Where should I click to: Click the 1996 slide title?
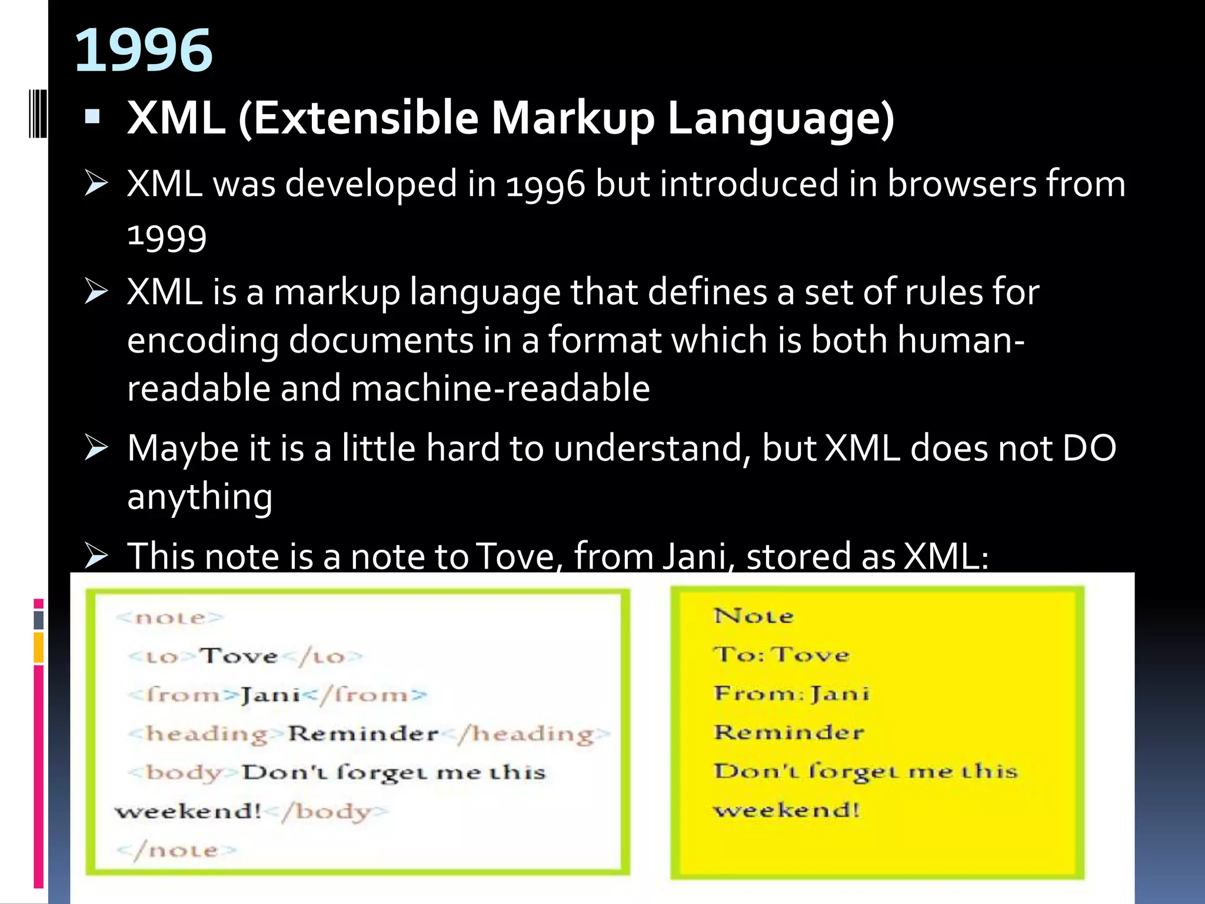point(143,51)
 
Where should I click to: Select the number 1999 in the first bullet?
point(167,237)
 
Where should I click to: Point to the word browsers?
point(962,184)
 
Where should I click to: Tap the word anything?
point(199,497)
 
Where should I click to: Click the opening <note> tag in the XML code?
point(169,618)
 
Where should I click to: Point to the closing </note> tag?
point(176,850)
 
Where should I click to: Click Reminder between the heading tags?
point(363,734)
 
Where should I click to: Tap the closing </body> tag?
point(327,812)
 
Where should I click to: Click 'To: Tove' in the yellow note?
point(781,654)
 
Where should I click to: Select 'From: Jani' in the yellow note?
point(791,693)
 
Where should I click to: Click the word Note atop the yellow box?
point(754,616)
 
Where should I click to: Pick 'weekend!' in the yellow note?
point(787,810)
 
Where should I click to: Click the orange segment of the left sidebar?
point(39,647)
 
